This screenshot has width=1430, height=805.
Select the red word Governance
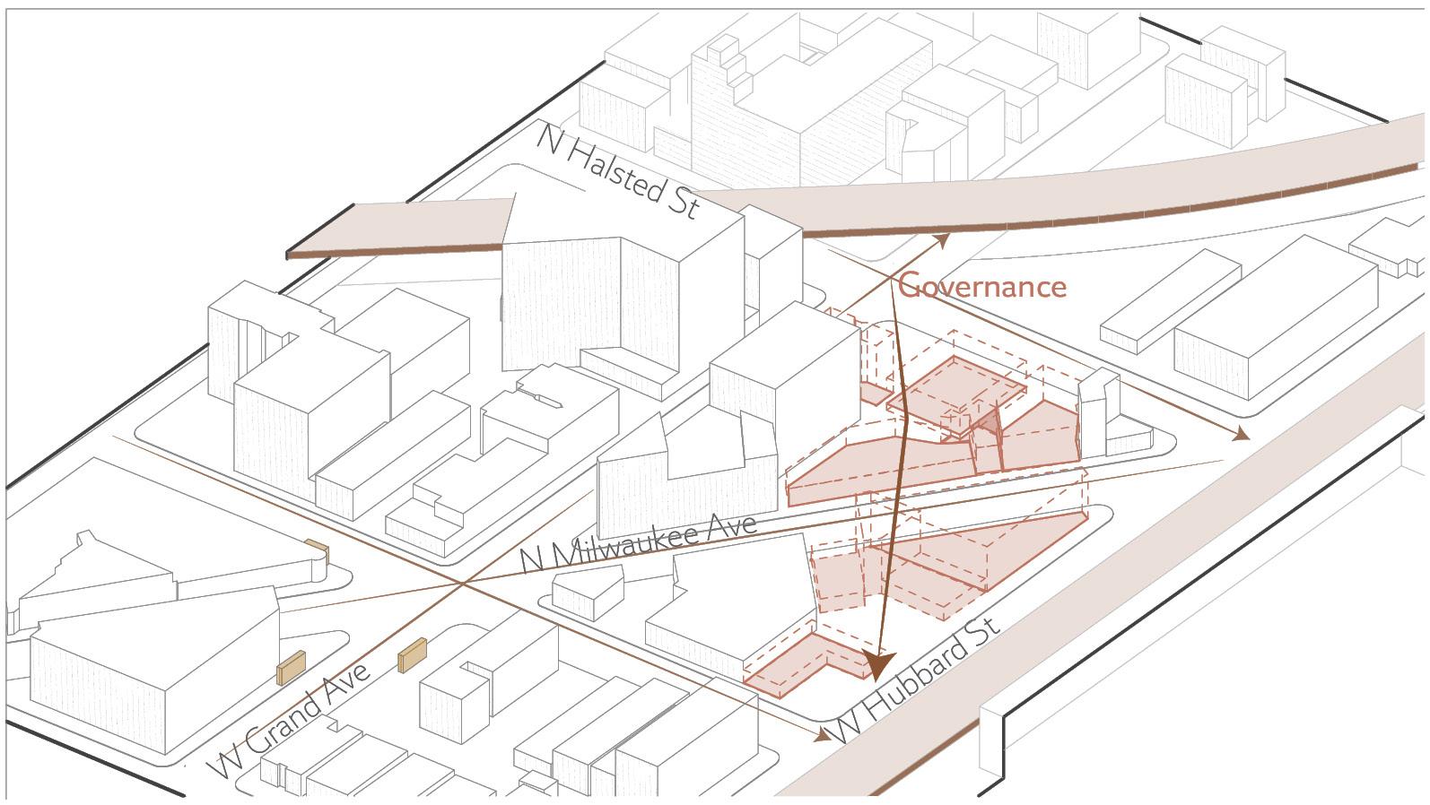982,286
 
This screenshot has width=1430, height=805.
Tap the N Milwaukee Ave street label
639,542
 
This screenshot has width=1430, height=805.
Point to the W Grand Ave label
289,724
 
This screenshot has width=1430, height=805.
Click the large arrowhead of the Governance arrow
876,664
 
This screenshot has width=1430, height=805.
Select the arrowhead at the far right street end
1241,435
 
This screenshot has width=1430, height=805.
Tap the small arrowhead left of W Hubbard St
822,737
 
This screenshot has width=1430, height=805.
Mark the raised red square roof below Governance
955,387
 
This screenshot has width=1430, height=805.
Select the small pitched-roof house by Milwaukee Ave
587,592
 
